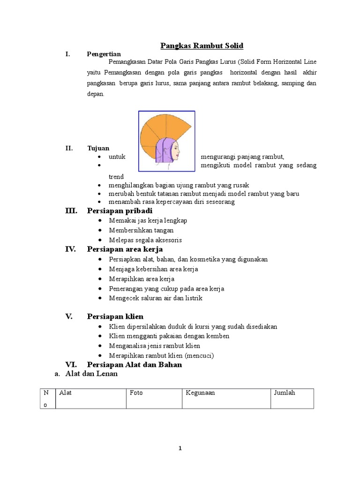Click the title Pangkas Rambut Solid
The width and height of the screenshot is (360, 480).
(x=202, y=45)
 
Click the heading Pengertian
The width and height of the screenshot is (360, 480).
(x=104, y=54)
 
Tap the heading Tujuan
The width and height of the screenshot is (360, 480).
(x=98, y=148)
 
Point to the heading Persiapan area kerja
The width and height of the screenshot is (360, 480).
(x=125, y=249)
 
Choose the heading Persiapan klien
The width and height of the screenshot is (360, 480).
(x=115, y=316)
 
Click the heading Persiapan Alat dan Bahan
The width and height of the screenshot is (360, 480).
(x=135, y=364)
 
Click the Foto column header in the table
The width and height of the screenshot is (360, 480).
(x=136, y=393)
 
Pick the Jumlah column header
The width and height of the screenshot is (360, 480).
(x=285, y=393)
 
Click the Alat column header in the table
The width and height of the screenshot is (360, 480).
(x=66, y=393)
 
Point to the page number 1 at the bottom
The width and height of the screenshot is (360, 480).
(x=180, y=449)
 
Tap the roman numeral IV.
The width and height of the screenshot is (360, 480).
(x=70, y=249)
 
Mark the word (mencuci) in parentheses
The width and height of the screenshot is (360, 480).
(x=199, y=355)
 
